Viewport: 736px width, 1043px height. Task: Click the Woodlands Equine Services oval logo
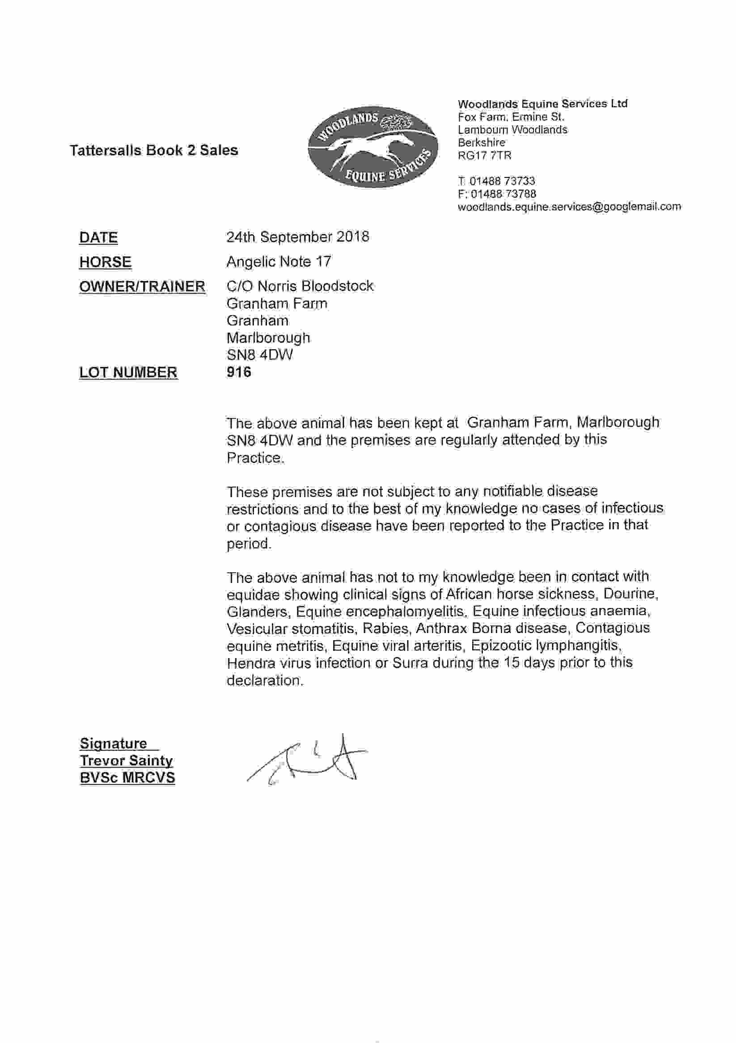point(372,147)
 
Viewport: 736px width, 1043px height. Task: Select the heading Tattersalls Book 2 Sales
point(153,150)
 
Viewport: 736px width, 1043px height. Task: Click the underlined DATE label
point(98,237)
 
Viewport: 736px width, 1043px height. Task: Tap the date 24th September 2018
point(298,237)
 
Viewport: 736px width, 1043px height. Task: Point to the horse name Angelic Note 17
point(279,262)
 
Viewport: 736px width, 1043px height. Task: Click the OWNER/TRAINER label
point(142,287)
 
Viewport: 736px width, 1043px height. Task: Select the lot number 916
point(238,372)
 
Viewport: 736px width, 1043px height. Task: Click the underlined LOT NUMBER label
point(128,372)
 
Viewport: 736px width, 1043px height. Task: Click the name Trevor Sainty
point(126,760)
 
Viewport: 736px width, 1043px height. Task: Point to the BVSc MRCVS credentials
point(127,778)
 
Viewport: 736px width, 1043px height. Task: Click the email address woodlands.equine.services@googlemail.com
point(569,207)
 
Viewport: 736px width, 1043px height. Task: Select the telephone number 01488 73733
point(502,181)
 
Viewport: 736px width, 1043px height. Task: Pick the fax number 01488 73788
point(503,194)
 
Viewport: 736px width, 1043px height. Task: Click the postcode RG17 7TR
point(484,156)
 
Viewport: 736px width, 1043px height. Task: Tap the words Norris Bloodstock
point(316,286)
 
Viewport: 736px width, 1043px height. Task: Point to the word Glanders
point(257,612)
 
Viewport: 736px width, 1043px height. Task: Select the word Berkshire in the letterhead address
point(481,143)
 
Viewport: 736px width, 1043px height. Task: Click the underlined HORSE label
point(106,262)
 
